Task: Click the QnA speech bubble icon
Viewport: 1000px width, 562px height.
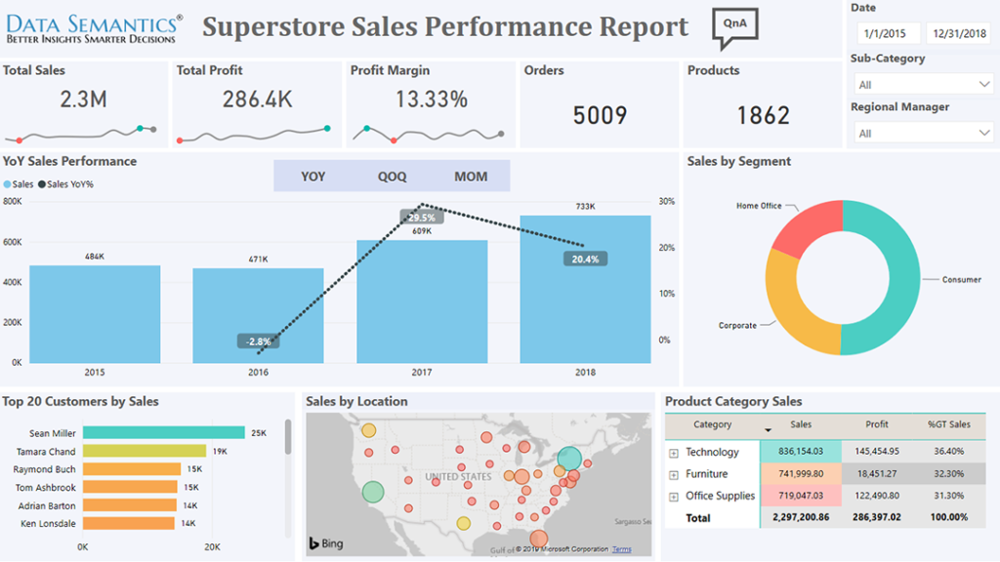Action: tap(734, 26)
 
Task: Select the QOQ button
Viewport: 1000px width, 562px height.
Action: tap(392, 177)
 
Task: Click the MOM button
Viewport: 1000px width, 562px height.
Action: tap(470, 177)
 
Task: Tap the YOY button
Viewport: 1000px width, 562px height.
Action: tap(313, 177)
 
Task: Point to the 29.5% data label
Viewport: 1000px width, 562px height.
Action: tap(421, 218)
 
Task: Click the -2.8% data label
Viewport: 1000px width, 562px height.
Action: tap(259, 341)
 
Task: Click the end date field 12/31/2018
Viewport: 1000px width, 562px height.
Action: tap(958, 34)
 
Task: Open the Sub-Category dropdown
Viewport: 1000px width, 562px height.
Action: tap(922, 85)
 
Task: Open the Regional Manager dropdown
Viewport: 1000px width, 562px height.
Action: tap(922, 133)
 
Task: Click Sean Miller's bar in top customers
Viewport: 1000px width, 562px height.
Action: tap(163, 432)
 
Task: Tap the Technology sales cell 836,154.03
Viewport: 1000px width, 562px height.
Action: tap(800, 452)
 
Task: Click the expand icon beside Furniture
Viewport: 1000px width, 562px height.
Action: tap(673, 474)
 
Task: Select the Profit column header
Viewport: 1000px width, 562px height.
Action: tap(876, 425)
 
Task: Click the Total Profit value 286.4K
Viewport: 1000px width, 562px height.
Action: tap(257, 100)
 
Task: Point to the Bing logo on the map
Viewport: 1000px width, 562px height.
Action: tap(326, 543)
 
